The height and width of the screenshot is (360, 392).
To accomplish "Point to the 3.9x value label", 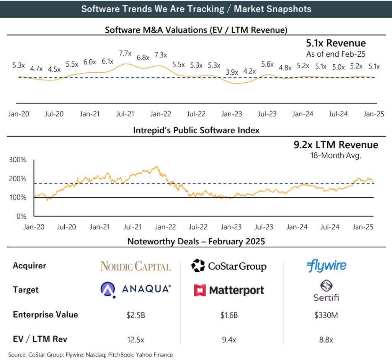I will [x=232, y=72].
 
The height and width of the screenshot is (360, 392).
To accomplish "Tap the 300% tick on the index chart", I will [x=18, y=160].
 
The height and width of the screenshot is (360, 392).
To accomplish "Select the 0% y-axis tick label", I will [x=21, y=216].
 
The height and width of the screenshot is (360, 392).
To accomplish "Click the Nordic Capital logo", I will [x=136, y=266].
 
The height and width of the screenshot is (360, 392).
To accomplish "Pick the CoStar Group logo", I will [x=229, y=266].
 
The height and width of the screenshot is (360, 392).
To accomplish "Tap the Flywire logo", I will [x=326, y=266].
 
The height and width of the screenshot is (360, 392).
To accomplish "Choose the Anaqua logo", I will [x=136, y=289].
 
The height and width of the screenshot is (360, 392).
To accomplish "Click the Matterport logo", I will [x=229, y=290].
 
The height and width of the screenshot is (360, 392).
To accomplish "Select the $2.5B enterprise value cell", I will [x=136, y=315].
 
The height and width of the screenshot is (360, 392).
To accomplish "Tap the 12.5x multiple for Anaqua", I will [x=136, y=339].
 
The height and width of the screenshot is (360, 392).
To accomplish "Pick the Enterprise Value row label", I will [x=46, y=315].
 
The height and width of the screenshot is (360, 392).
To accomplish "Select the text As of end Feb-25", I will [x=336, y=54].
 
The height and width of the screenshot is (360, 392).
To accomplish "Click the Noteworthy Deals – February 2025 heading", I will [x=196, y=242].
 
